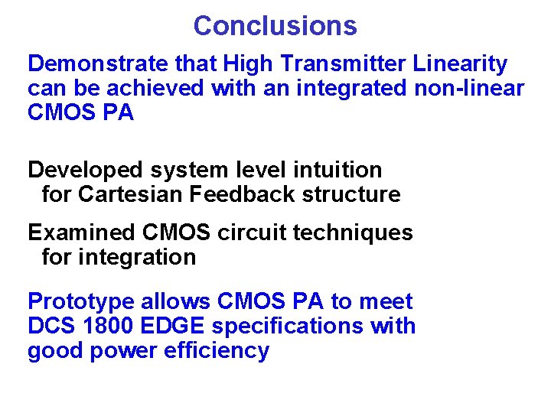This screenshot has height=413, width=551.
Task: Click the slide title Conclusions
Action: click(x=275, y=25)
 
